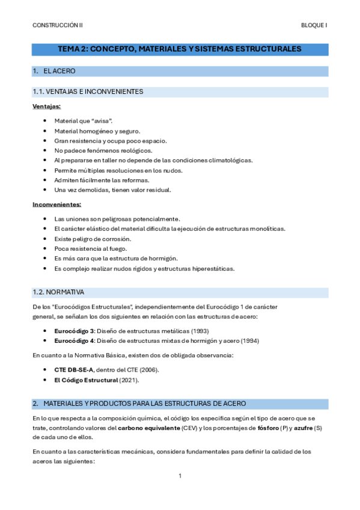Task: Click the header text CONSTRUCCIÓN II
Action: pyautogui.click(x=58, y=26)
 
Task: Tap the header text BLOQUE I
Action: pyautogui.click(x=314, y=26)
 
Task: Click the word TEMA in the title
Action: pyautogui.click(x=69, y=49)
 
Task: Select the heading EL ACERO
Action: pyautogui.click(x=59, y=72)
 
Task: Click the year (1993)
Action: pyautogui.click(x=200, y=331)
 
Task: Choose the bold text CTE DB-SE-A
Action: pyautogui.click(x=74, y=370)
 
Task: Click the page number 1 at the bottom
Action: pyautogui.click(x=180, y=476)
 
